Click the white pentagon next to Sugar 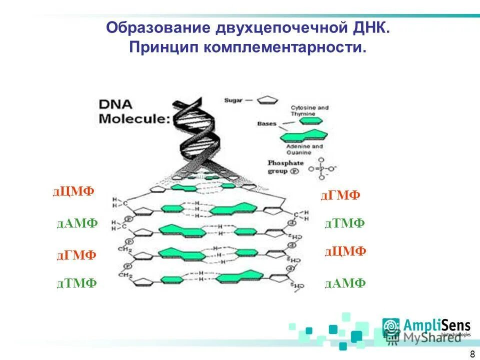point(267,99)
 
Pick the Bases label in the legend point(266,123)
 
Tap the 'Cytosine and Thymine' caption point(310,110)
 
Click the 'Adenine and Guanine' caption point(305,149)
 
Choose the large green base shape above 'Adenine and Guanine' point(304,135)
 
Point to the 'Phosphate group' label point(285,167)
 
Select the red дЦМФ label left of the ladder point(73,191)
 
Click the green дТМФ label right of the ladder point(344,223)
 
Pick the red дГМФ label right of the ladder point(340,195)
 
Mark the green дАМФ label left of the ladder point(77,223)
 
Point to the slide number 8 point(472,354)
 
